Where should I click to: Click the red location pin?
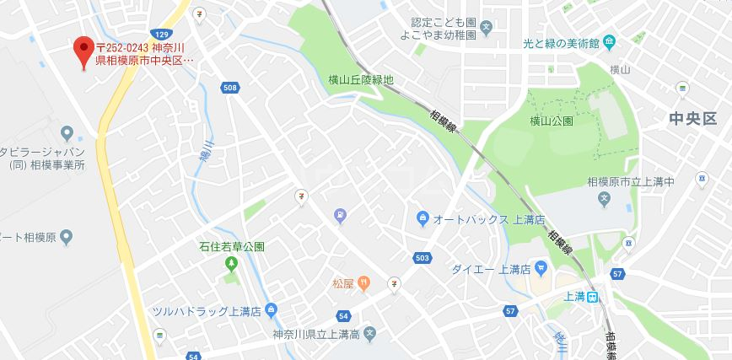click(x=83, y=51)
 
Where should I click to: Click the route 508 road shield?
click(x=230, y=88)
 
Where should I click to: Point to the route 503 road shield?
click(x=422, y=257)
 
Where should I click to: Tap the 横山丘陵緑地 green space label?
click(x=361, y=80)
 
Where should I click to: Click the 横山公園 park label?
click(x=552, y=121)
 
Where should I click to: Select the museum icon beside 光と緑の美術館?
click(x=610, y=42)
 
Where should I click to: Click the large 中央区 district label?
click(x=692, y=118)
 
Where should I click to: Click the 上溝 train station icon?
click(x=594, y=296)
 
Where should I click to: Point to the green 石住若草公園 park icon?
click(x=232, y=264)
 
